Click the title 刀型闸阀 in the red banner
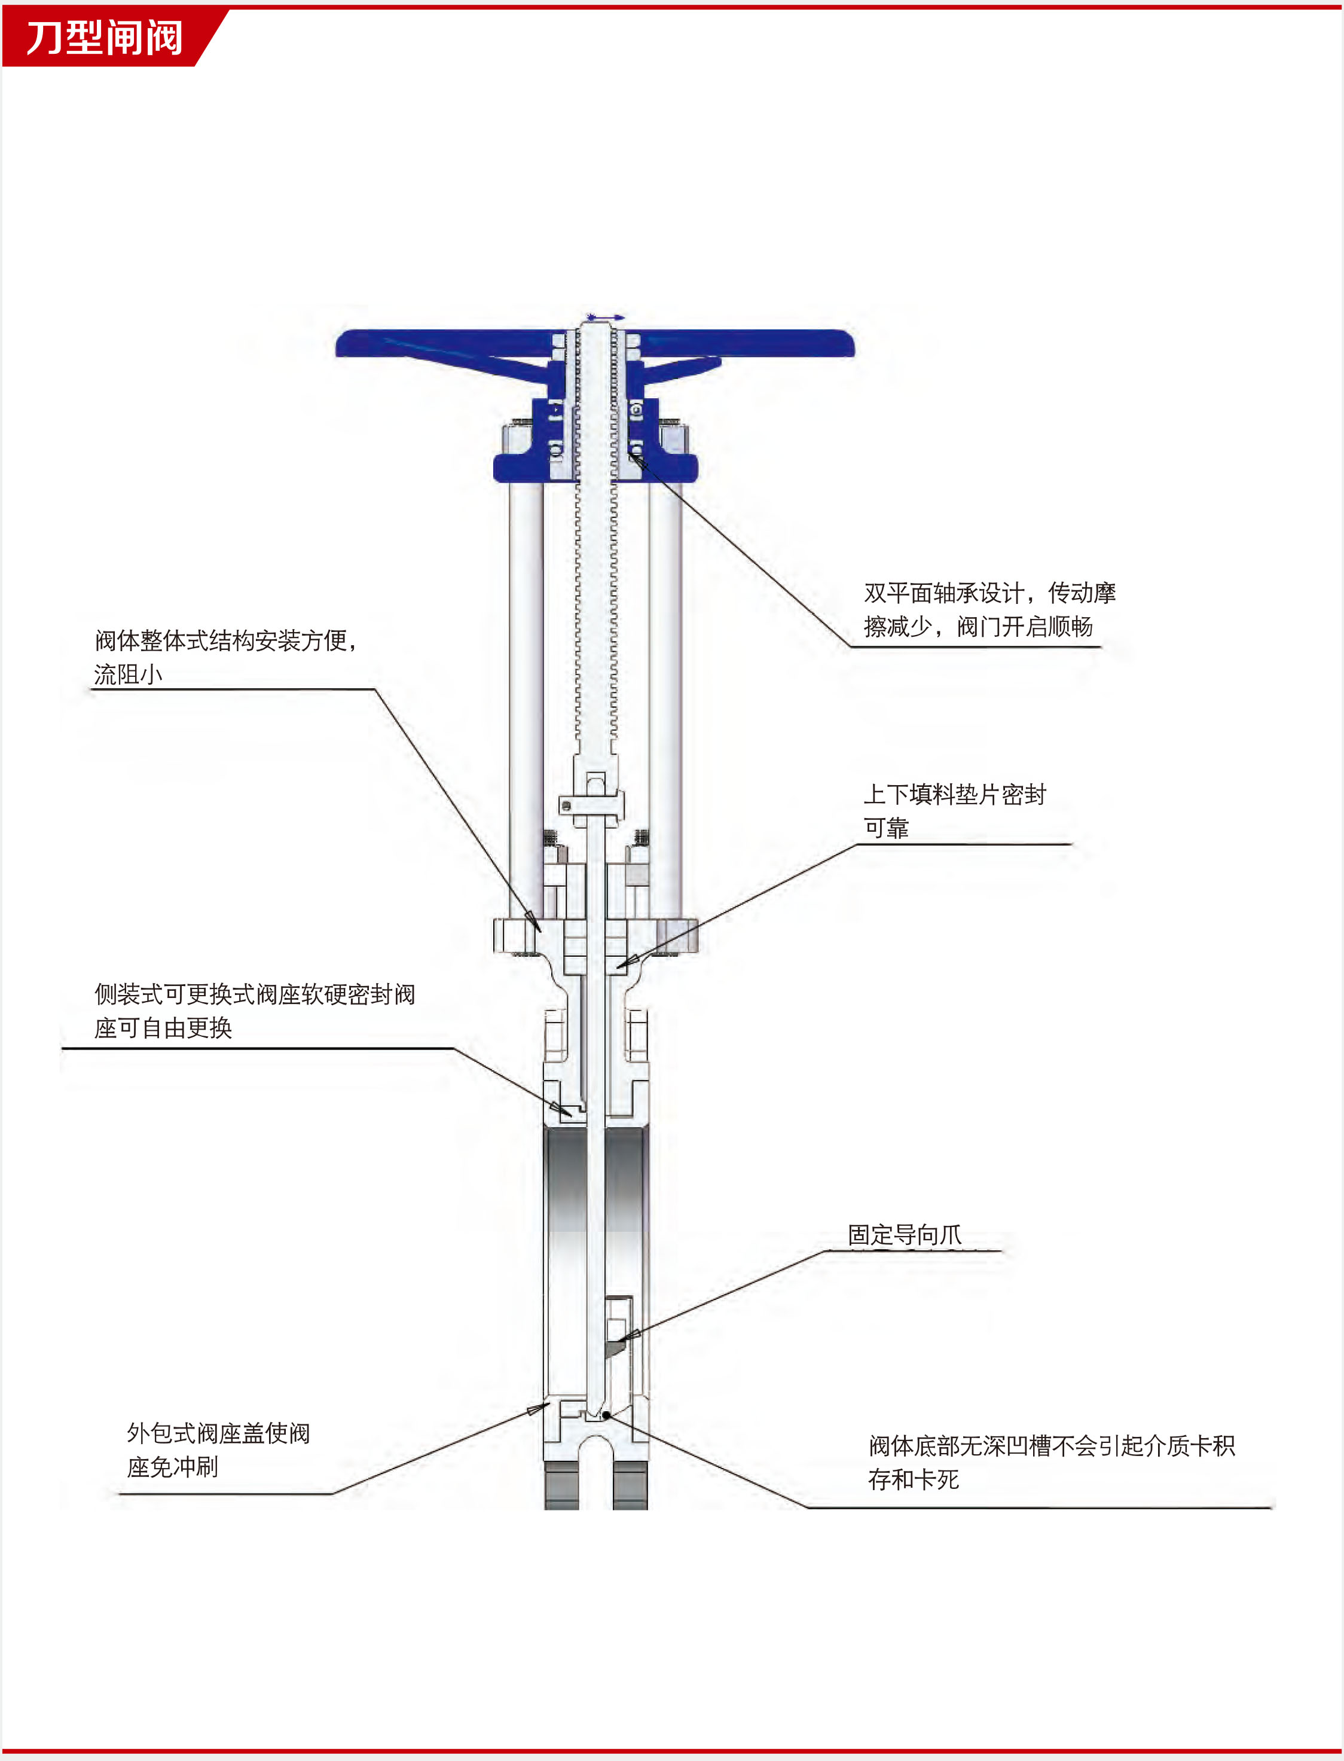[x=104, y=38]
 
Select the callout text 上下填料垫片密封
[x=954, y=795]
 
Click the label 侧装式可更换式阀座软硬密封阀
[x=255, y=994]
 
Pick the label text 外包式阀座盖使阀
[x=218, y=1433]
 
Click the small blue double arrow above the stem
[x=606, y=318]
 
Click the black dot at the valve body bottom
[x=606, y=1415]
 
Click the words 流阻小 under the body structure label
[x=128, y=675]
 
